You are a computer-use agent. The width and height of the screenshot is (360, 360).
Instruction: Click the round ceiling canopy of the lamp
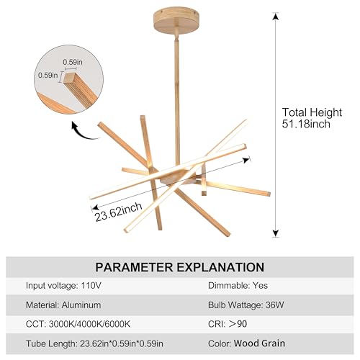tap(176, 20)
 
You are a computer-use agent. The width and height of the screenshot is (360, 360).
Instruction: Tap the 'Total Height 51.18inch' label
tap(312, 118)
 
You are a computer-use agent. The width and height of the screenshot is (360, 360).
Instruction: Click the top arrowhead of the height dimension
tap(276, 17)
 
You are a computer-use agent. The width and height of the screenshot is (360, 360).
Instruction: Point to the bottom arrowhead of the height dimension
tap(276, 233)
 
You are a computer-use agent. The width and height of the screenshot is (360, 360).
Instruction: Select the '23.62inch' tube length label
tap(119, 212)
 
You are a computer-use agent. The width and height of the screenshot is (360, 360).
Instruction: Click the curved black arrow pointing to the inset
tap(84, 132)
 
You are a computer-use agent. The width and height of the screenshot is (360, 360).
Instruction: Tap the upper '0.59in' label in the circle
tap(73, 62)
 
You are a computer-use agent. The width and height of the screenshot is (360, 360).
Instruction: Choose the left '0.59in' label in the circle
tap(48, 75)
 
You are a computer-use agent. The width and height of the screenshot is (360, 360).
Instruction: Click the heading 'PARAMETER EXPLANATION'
tap(180, 267)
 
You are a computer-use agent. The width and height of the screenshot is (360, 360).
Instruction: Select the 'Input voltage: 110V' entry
tap(63, 286)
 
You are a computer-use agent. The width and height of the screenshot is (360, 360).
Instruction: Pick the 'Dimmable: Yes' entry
tap(238, 285)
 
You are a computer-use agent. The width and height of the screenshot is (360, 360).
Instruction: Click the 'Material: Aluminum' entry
tap(63, 305)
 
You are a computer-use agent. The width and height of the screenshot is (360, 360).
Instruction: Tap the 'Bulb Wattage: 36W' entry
tap(246, 305)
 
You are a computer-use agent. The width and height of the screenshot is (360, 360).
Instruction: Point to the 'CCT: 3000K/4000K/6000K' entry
tap(78, 324)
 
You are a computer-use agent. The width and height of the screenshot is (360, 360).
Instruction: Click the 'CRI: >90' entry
tap(228, 324)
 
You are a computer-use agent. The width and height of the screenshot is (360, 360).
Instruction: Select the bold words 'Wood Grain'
tap(259, 343)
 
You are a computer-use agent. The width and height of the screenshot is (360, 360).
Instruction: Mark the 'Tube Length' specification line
tap(94, 343)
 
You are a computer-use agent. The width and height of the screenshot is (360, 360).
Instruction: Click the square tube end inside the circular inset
tap(69, 77)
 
